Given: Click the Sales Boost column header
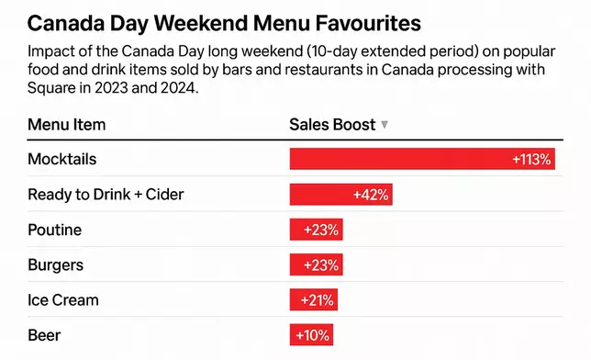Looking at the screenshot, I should coord(332,124).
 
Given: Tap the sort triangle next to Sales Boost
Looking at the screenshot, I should coord(385,125).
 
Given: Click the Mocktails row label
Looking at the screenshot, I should coord(62,159).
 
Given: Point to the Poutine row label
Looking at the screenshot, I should coord(54,230).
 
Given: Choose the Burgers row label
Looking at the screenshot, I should coord(56,264).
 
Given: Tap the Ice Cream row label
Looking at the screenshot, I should coord(63,299).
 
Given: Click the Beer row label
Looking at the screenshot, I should coord(44,334).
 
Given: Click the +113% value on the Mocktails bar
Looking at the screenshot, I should coord(531,159).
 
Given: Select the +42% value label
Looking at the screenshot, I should coord(371,195).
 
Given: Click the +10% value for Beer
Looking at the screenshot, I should coord(312,334).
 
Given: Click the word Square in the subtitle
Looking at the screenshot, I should coord(51,90).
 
